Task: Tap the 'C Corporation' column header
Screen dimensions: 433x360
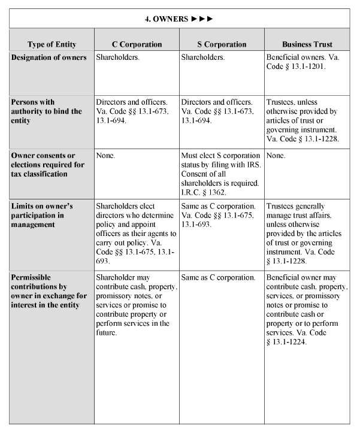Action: coord(137,44)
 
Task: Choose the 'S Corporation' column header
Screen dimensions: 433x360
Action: coord(222,44)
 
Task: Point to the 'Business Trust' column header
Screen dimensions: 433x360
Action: coord(307,44)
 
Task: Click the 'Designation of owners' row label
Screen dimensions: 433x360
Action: coord(49,57)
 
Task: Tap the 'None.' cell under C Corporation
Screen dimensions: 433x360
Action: coord(105,155)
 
